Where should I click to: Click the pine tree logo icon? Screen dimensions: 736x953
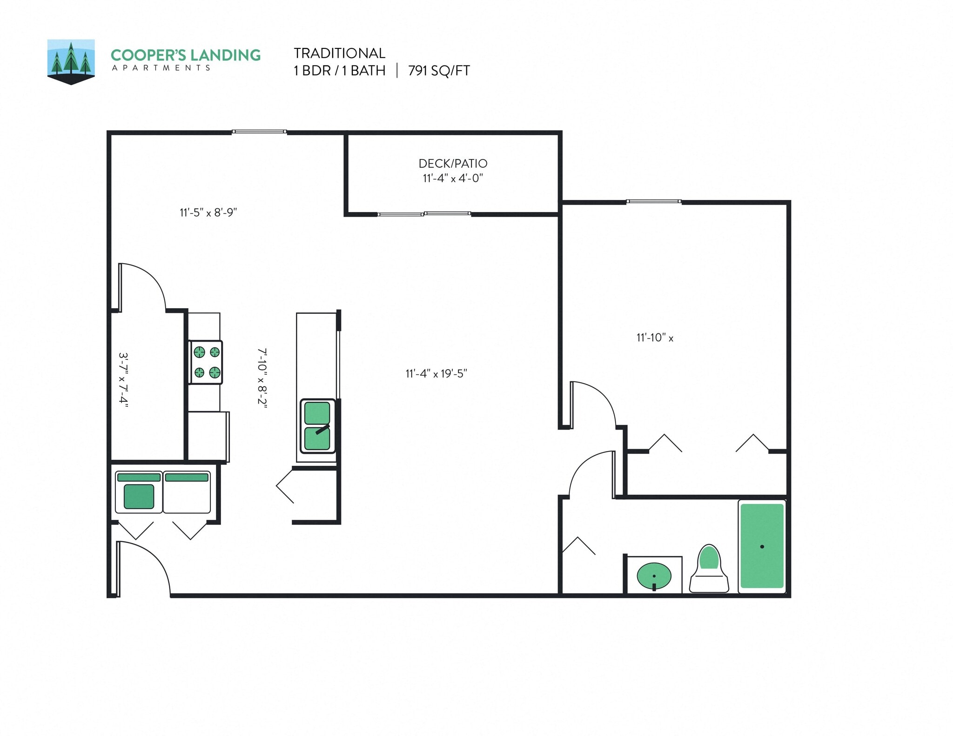tap(71, 61)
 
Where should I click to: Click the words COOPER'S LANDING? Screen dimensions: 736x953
tap(185, 55)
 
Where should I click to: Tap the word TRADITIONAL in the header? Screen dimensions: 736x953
tap(339, 53)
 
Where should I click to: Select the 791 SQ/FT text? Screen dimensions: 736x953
tap(439, 71)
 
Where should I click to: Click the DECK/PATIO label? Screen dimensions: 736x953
tap(453, 164)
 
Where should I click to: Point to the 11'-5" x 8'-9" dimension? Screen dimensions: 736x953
tap(208, 212)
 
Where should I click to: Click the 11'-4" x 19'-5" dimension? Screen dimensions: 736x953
tap(436, 374)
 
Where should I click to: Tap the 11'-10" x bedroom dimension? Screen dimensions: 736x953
tap(655, 338)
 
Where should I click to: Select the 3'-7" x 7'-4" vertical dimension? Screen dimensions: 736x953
tap(123, 379)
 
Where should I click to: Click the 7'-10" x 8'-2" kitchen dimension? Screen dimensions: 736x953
tap(262, 378)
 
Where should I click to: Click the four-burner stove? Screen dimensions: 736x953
tap(206, 362)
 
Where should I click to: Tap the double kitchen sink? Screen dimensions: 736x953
tap(317, 425)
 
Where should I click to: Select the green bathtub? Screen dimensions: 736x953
tap(762, 546)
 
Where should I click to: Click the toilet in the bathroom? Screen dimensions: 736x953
tap(709, 569)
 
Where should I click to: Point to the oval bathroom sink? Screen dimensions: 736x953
tap(654, 577)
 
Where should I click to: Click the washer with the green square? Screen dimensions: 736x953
tap(139, 492)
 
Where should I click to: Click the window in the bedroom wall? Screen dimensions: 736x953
tap(653, 202)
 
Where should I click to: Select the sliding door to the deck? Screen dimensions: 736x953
tap(423, 214)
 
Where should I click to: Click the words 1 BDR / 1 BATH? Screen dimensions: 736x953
tap(339, 71)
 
